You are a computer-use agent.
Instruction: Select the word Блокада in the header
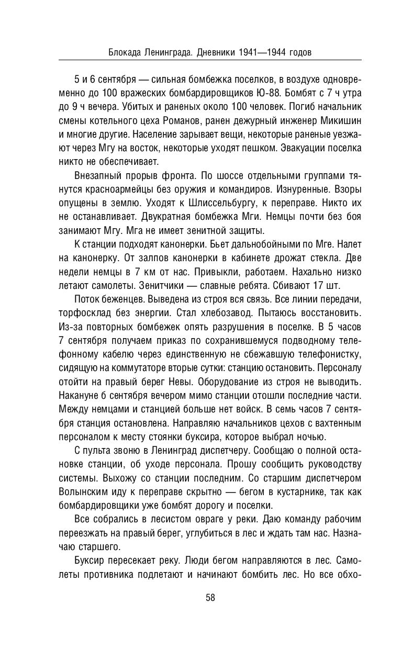click(124, 52)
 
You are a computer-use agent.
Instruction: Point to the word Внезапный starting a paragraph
click(98, 175)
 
